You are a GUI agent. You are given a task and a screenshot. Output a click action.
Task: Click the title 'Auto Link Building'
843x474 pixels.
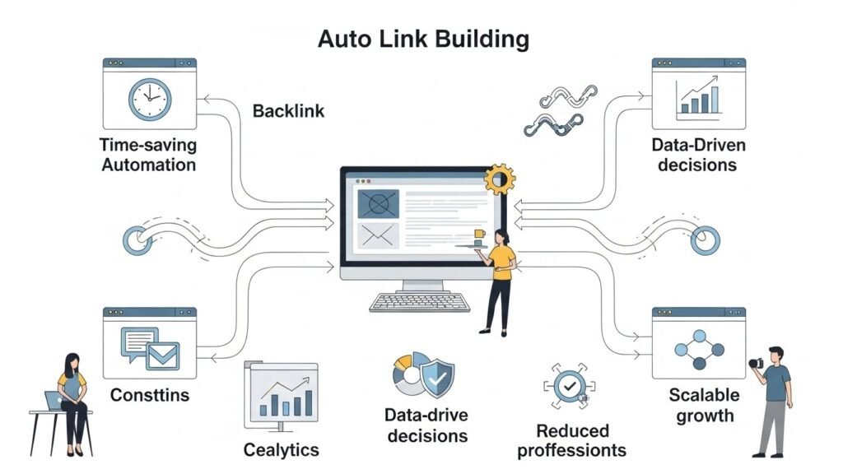(x=423, y=39)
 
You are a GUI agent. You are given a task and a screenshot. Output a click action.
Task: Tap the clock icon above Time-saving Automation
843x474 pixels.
(x=149, y=100)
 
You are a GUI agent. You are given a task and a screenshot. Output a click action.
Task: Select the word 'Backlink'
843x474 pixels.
(x=288, y=111)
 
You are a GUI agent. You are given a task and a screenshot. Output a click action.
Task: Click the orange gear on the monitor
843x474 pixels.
(x=499, y=178)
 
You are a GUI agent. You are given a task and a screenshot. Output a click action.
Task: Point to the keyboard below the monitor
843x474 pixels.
(x=420, y=302)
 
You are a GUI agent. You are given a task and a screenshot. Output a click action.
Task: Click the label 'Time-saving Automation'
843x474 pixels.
(x=148, y=155)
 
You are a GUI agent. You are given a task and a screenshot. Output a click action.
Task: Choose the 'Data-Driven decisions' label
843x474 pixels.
(x=698, y=155)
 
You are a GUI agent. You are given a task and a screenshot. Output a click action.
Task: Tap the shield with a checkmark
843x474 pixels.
(x=436, y=378)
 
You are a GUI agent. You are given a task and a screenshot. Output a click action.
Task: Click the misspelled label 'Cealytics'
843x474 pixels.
(x=281, y=449)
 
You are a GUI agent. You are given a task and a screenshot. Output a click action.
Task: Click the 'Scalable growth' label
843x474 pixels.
(x=705, y=404)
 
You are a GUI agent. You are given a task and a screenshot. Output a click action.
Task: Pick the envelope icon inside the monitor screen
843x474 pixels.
(x=378, y=236)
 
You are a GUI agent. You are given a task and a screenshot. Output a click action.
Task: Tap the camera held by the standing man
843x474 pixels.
(x=755, y=363)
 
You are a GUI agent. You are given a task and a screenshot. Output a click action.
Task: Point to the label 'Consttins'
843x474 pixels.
(x=149, y=395)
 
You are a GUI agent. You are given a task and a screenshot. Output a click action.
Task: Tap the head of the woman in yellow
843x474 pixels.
(x=501, y=239)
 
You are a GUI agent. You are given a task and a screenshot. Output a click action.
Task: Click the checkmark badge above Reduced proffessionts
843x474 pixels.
(x=568, y=385)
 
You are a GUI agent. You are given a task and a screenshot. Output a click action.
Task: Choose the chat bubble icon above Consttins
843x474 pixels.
(x=137, y=342)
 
